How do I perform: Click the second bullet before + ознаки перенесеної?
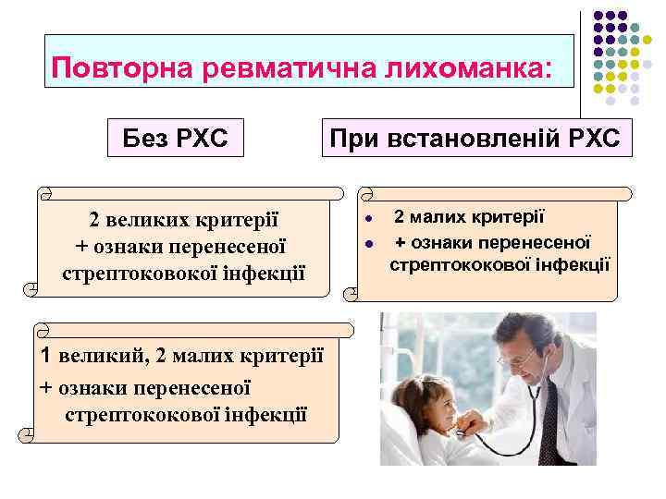click(x=367, y=245)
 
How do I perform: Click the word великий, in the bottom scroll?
click(x=100, y=356)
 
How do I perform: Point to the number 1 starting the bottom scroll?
click(x=44, y=356)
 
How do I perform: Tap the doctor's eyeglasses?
click(x=514, y=356)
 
